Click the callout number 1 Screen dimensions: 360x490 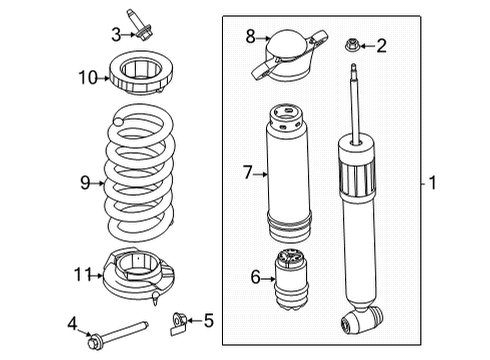click(432, 183)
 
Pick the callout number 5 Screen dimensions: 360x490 click(209, 321)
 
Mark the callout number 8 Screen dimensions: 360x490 click(252, 36)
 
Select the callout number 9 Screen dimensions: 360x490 click(85, 182)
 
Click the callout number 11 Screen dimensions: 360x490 click(83, 273)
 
